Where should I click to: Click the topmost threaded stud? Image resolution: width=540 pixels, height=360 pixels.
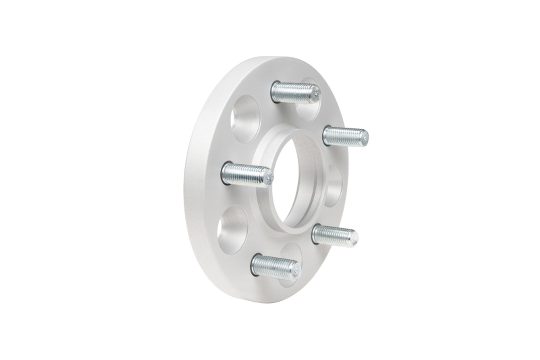(294, 92)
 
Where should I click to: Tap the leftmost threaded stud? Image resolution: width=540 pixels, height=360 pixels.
(246, 174)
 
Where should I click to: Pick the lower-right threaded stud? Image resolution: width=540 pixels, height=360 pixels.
(334, 234)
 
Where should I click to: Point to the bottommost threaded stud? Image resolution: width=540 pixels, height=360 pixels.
(275, 266)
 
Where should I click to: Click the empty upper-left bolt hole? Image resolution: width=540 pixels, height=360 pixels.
(246, 119)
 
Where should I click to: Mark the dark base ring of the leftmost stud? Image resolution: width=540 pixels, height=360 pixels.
(225, 173)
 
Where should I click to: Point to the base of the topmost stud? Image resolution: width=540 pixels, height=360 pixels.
(275, 90)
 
